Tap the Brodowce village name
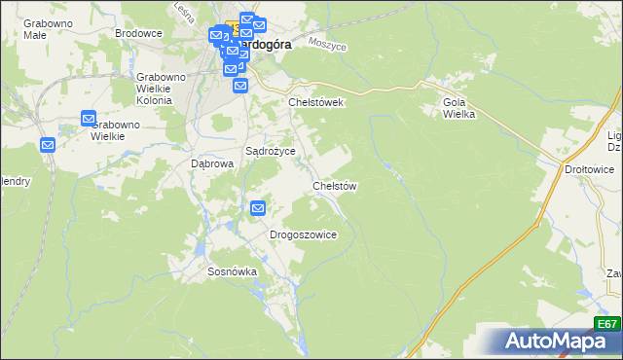click(x=138, y=33)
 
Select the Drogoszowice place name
click(x=303, y=234)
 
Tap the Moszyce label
click(x=327, y=44)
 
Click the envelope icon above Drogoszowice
click(x=258, y=207)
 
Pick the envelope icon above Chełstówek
click(x=240, y=86)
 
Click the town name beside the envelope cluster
click(x=263, y=45)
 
